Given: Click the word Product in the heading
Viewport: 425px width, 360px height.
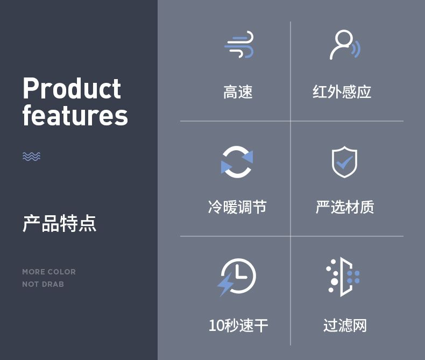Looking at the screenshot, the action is [x=72, y=88].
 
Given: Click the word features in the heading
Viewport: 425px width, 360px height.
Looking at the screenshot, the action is [x=75, y=115].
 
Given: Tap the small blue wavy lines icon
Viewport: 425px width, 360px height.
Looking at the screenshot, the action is [x=31, y=157].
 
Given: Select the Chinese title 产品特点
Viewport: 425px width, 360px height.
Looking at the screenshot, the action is [x=59, y=223].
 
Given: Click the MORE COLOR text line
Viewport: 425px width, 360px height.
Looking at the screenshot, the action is [x=49, y=272].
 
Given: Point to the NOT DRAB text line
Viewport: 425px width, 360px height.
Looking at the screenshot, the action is [x=43, y=284].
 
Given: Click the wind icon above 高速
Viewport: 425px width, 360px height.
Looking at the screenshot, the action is [x=239, y=45].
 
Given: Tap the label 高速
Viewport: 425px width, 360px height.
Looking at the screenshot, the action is [x=238, y=92].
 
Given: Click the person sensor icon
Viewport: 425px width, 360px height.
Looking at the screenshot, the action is [x=345, y=45].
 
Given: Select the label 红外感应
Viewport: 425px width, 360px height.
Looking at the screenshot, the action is [x=342, y=92].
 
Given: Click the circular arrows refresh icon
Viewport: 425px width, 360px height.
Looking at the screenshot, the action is [x=237, y=162].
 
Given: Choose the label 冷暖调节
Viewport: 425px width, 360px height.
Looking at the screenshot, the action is [x=237, y=207].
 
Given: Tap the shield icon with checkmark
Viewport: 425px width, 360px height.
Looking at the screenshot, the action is [x=344, y=162].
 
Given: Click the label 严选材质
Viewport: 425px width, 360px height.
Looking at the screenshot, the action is [x=345, y=207].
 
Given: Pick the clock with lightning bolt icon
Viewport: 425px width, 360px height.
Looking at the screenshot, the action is [x=237, y=277].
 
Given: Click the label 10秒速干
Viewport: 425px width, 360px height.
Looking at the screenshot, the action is [x=238, y=326].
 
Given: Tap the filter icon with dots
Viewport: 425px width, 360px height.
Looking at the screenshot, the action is [x=343, y=277].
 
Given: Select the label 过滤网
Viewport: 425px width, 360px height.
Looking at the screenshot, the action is [x=345, y=326].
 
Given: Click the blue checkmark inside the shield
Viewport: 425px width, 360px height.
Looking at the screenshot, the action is [x=344, y=162].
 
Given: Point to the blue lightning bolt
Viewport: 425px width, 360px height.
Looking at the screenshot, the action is [x=225, y=284].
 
